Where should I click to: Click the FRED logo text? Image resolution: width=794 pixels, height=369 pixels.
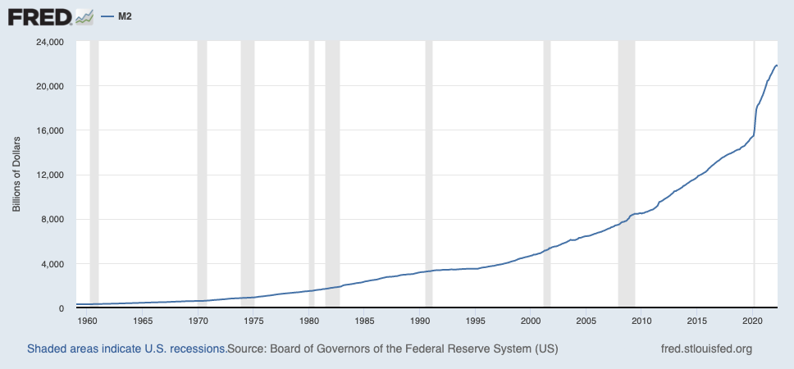(x=39, y=16)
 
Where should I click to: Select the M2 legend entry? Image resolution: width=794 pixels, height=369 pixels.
(x=124, y=16)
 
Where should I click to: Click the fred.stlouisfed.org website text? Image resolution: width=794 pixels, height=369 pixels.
(x=705, y=348)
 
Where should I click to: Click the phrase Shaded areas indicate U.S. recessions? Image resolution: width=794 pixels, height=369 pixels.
(x=126, y=348)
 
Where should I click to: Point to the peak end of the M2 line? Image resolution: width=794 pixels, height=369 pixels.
(x=776, y=66)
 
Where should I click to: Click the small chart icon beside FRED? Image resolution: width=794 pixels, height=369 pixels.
(x=84, y=16)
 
